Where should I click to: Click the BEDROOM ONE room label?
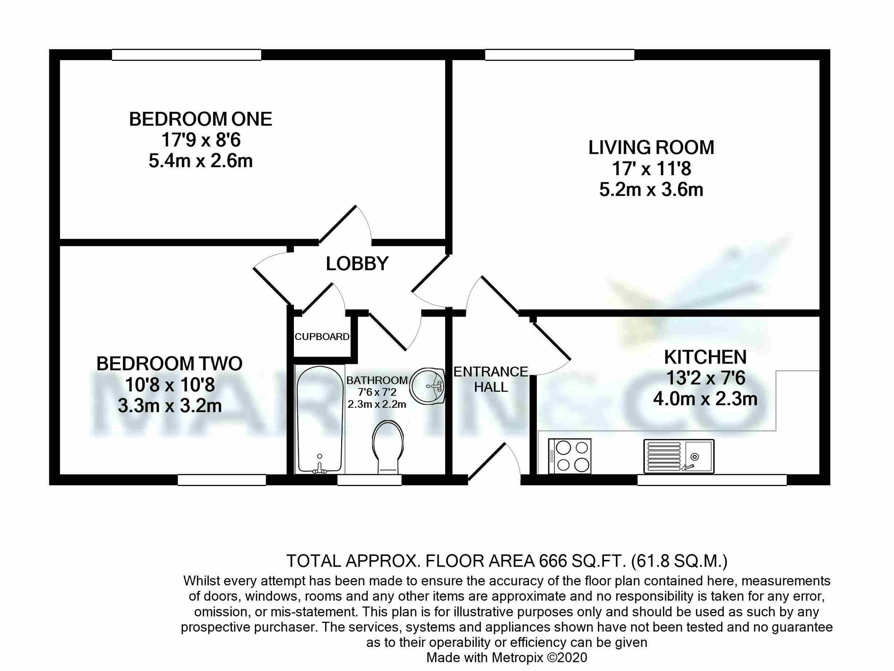point(200,119)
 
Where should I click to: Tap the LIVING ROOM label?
point(651,148)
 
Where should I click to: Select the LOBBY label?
point(357,264)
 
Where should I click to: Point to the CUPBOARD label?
point(322,337)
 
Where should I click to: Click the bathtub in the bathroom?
point(320,419)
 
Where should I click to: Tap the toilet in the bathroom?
point(388,447)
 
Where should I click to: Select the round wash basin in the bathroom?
point(427,386)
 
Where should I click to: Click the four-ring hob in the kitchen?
point(570,456)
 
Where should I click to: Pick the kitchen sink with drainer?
point(679,456)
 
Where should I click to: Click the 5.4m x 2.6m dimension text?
point(200,161)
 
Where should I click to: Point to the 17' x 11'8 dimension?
point(651,168)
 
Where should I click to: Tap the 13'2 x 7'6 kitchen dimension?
point(705,378)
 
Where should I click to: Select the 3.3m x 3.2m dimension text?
point(170,406)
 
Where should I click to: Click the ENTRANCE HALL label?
point(491,379)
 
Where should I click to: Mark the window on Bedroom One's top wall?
point(186,54)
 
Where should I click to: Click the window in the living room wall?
point(559,54)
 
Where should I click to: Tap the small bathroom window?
point(370,480)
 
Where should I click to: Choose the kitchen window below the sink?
point(712,480)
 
